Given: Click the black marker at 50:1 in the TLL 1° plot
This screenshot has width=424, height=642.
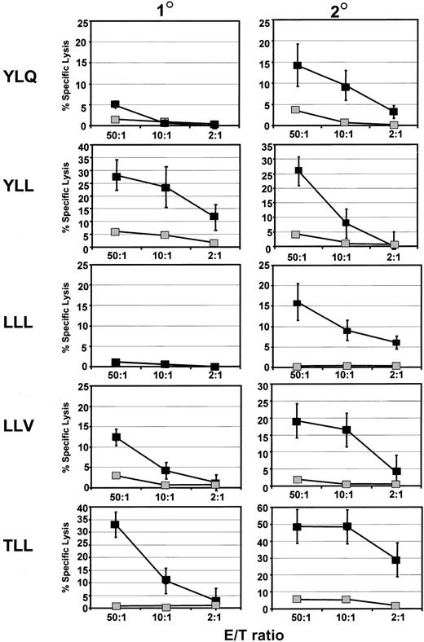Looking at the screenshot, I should tap(116, 525).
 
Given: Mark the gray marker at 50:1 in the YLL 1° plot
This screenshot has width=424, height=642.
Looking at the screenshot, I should tap(116, 232).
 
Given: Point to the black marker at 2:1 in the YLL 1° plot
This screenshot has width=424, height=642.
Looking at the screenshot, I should tap(214, 217).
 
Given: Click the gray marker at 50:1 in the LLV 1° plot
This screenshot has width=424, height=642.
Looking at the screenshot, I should tap(116, 476).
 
